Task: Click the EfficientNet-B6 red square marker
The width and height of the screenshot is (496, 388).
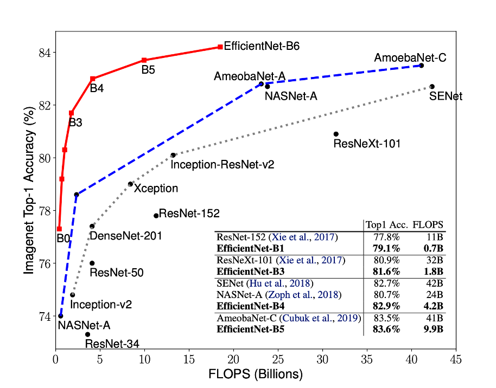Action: point(220,47)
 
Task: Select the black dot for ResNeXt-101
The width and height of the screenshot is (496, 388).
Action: point(336,134)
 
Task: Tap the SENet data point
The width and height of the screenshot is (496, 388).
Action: point(432,87)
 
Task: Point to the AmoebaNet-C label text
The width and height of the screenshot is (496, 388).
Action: point(410,57)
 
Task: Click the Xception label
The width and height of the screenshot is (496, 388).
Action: point(156,189)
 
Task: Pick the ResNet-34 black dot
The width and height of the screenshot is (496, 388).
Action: point(87,334)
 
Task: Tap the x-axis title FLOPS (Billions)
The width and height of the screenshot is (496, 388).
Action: point(256,374)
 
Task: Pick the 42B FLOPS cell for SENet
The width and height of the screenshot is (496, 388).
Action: point(434,283)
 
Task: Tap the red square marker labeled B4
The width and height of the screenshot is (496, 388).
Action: point(93,79)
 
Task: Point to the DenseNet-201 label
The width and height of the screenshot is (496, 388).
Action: point(125,236)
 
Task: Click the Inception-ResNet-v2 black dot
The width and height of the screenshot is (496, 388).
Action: point(173,155)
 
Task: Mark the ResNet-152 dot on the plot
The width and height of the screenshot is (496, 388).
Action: point(156,216)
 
